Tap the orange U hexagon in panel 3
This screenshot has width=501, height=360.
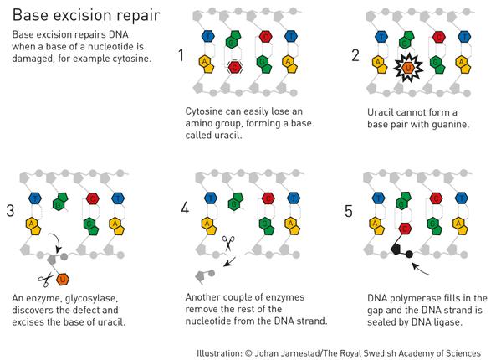tap(63, 280)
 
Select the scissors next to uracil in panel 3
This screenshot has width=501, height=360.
tap(45, 280)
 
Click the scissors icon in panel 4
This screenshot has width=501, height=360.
tap(228, 244)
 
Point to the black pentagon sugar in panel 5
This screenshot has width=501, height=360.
tap(396, 249)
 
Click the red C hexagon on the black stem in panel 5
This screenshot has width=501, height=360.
tap(405, 229)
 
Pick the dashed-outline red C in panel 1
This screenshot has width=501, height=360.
tap(235, 68)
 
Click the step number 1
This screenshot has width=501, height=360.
tap(181, 55)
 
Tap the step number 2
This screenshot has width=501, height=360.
tap(355, 55)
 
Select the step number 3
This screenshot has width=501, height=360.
tap(10, 211)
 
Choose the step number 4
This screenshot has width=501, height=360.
tap(185, 208)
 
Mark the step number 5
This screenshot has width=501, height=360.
tap(349, 211)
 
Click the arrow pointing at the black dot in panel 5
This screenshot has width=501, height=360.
tap(420, 270)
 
